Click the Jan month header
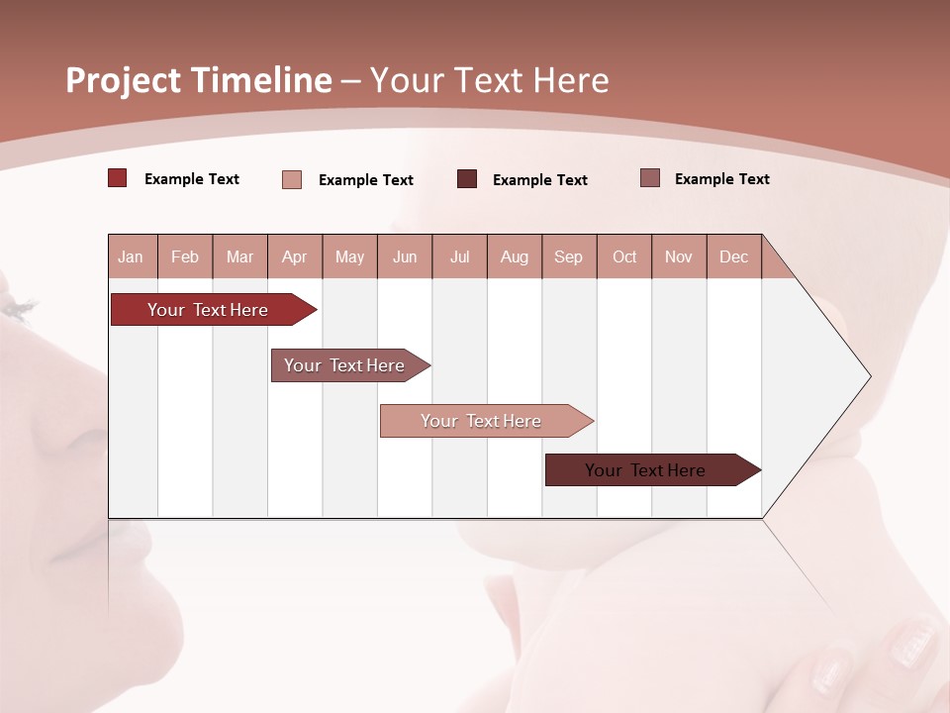[x=132, y=256]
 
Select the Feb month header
[x=185, y=256]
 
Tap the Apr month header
[x=294, y=256]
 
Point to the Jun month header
[x=405, y=256]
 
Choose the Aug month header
[x=515, y=256]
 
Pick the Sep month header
[x=569, y=256]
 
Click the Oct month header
[x=624, y=256]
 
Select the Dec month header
[x=734, y=256]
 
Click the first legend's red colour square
[x=118, y=178]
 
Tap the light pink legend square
[x=292, y=179]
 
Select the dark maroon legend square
[x=467, y=178]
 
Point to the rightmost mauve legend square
[x=650, y=178]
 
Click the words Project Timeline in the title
[x=198, y=80]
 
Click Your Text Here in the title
[x=489, y=80]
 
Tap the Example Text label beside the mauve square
[x=721, y=179]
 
